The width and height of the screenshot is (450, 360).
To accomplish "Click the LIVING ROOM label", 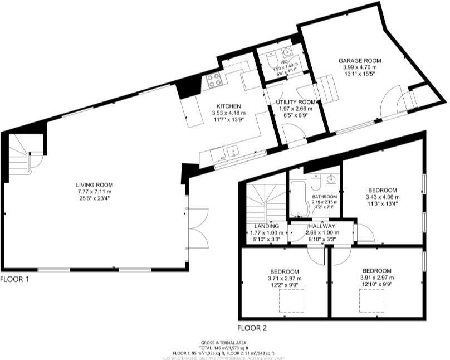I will [x=94, y=185].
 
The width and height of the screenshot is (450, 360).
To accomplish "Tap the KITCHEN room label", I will [x=228, y=106].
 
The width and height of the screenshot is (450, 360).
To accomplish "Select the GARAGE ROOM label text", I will [x=360, y=60].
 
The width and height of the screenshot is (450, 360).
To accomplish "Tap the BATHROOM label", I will [x=324, y=197].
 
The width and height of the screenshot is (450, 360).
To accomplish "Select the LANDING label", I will [x=266, y=226].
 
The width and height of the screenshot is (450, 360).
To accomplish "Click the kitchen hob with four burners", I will [x=214, y=81].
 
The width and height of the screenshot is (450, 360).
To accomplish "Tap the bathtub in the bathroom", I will [x=299, y=198].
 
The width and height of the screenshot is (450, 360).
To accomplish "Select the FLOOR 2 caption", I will [x=252, y=328].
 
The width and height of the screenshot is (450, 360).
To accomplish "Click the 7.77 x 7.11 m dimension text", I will [x=94, y=192].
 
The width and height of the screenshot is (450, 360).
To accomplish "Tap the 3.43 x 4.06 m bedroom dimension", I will [x=382, y=197].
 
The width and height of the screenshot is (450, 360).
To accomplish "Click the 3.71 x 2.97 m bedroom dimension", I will [x=284, y=278].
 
